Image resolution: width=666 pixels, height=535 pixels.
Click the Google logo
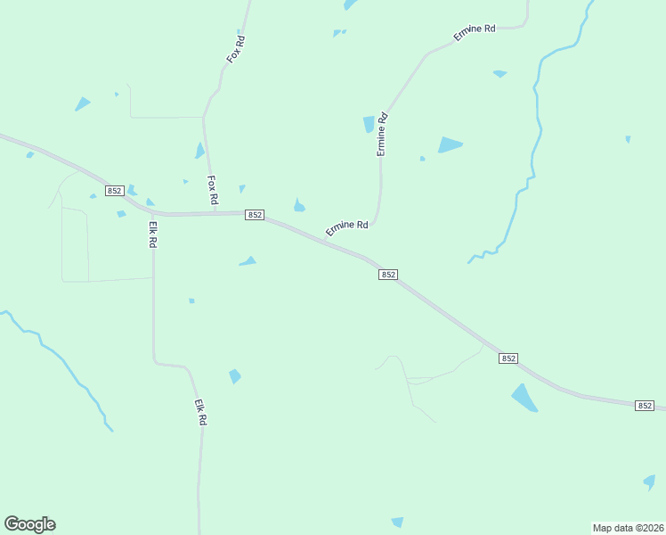pyautogui.click(x=29, y=524)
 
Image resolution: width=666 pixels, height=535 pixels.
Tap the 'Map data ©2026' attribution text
pyautogui.click(x=628, y=527)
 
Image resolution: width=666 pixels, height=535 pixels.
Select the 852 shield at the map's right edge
pyautogui.click(x=646, y=406)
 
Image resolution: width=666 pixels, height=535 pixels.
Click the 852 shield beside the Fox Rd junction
pyautogui.click(x=255, y=216)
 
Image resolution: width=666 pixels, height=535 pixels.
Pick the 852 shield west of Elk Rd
pyautogui.click(x=114, y=191)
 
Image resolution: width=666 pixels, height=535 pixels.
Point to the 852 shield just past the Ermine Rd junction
pyautogui.click(x=387, y=275)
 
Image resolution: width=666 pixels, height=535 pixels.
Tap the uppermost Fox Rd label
pyautogui.click(x=235, y=48)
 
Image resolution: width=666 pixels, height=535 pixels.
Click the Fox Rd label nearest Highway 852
pyautogui.click(x=213, y=190)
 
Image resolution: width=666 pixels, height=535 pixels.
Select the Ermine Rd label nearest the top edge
pyautogui.click(x=474, y=32)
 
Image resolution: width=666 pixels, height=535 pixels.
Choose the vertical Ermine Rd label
pyautogui.click(x=383, y=134)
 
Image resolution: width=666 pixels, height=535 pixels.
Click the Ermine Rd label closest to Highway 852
pyautogui.click(x=347, y=228)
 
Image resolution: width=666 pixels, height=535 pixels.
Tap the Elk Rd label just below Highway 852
pyautogui.click(x=153, y=235)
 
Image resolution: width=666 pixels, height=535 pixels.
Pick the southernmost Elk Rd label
pyautogui.click(x=201, y=411)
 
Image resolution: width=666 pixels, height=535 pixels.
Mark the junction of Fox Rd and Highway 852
pyautogui.click(x=214, y=213)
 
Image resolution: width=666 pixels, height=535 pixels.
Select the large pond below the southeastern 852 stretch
pyautogui.click(x=524, y=398)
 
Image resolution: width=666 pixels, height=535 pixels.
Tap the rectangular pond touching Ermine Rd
pyautogui.click(x=369, y=125)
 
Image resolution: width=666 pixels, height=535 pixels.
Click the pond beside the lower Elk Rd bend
pyautogui.click(x=235, y=376)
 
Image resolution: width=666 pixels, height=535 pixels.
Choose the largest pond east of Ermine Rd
pyautogui.click(x=450, y=144)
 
